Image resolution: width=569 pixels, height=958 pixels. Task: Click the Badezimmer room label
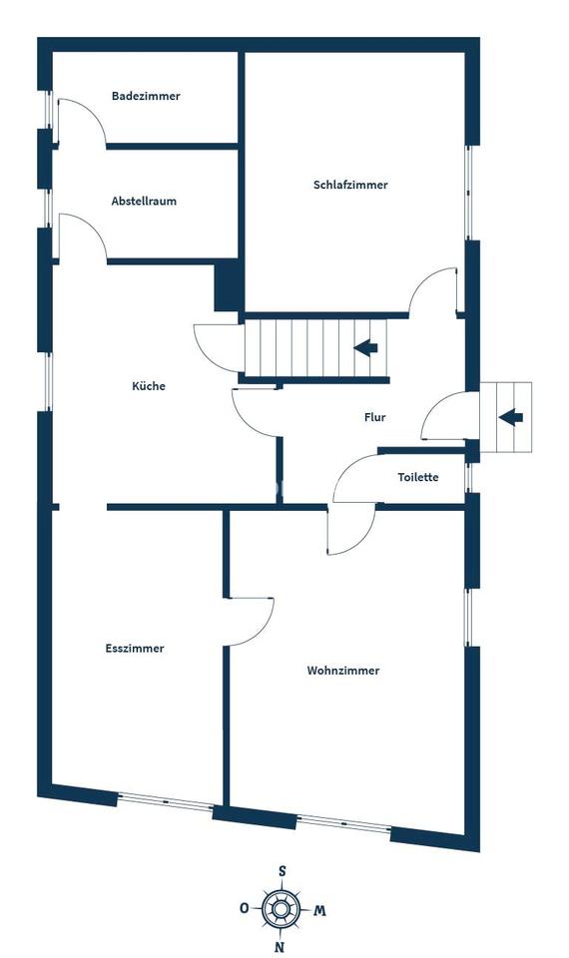[x=146, y=96]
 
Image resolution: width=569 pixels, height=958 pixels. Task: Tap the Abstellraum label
[x=144, y=201]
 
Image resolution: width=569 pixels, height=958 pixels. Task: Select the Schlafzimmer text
[x=350, y=185]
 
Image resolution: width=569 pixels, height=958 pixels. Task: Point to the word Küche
[x=149, y=386]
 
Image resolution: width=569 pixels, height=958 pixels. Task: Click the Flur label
[x=374, y=417]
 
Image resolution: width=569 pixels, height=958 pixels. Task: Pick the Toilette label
[x=418, y=477]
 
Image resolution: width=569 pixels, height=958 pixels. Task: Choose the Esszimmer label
[x=135, y=649]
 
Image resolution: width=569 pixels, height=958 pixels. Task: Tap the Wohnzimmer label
[x=342, y=671]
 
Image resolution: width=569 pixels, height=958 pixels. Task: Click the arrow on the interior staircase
[x=365, y=348]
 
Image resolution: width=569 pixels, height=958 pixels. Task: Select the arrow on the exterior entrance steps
[x=511, y=418]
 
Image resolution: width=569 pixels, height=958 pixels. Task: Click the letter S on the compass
[x=282, y=870]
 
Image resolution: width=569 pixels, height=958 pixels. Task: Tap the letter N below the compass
[x=280, y=948]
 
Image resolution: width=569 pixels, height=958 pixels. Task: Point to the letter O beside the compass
[x=244, y=908]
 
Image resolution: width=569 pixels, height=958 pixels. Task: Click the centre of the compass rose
[x=281, y=909]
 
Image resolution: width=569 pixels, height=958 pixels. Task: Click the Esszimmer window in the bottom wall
[x=165, y=801]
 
